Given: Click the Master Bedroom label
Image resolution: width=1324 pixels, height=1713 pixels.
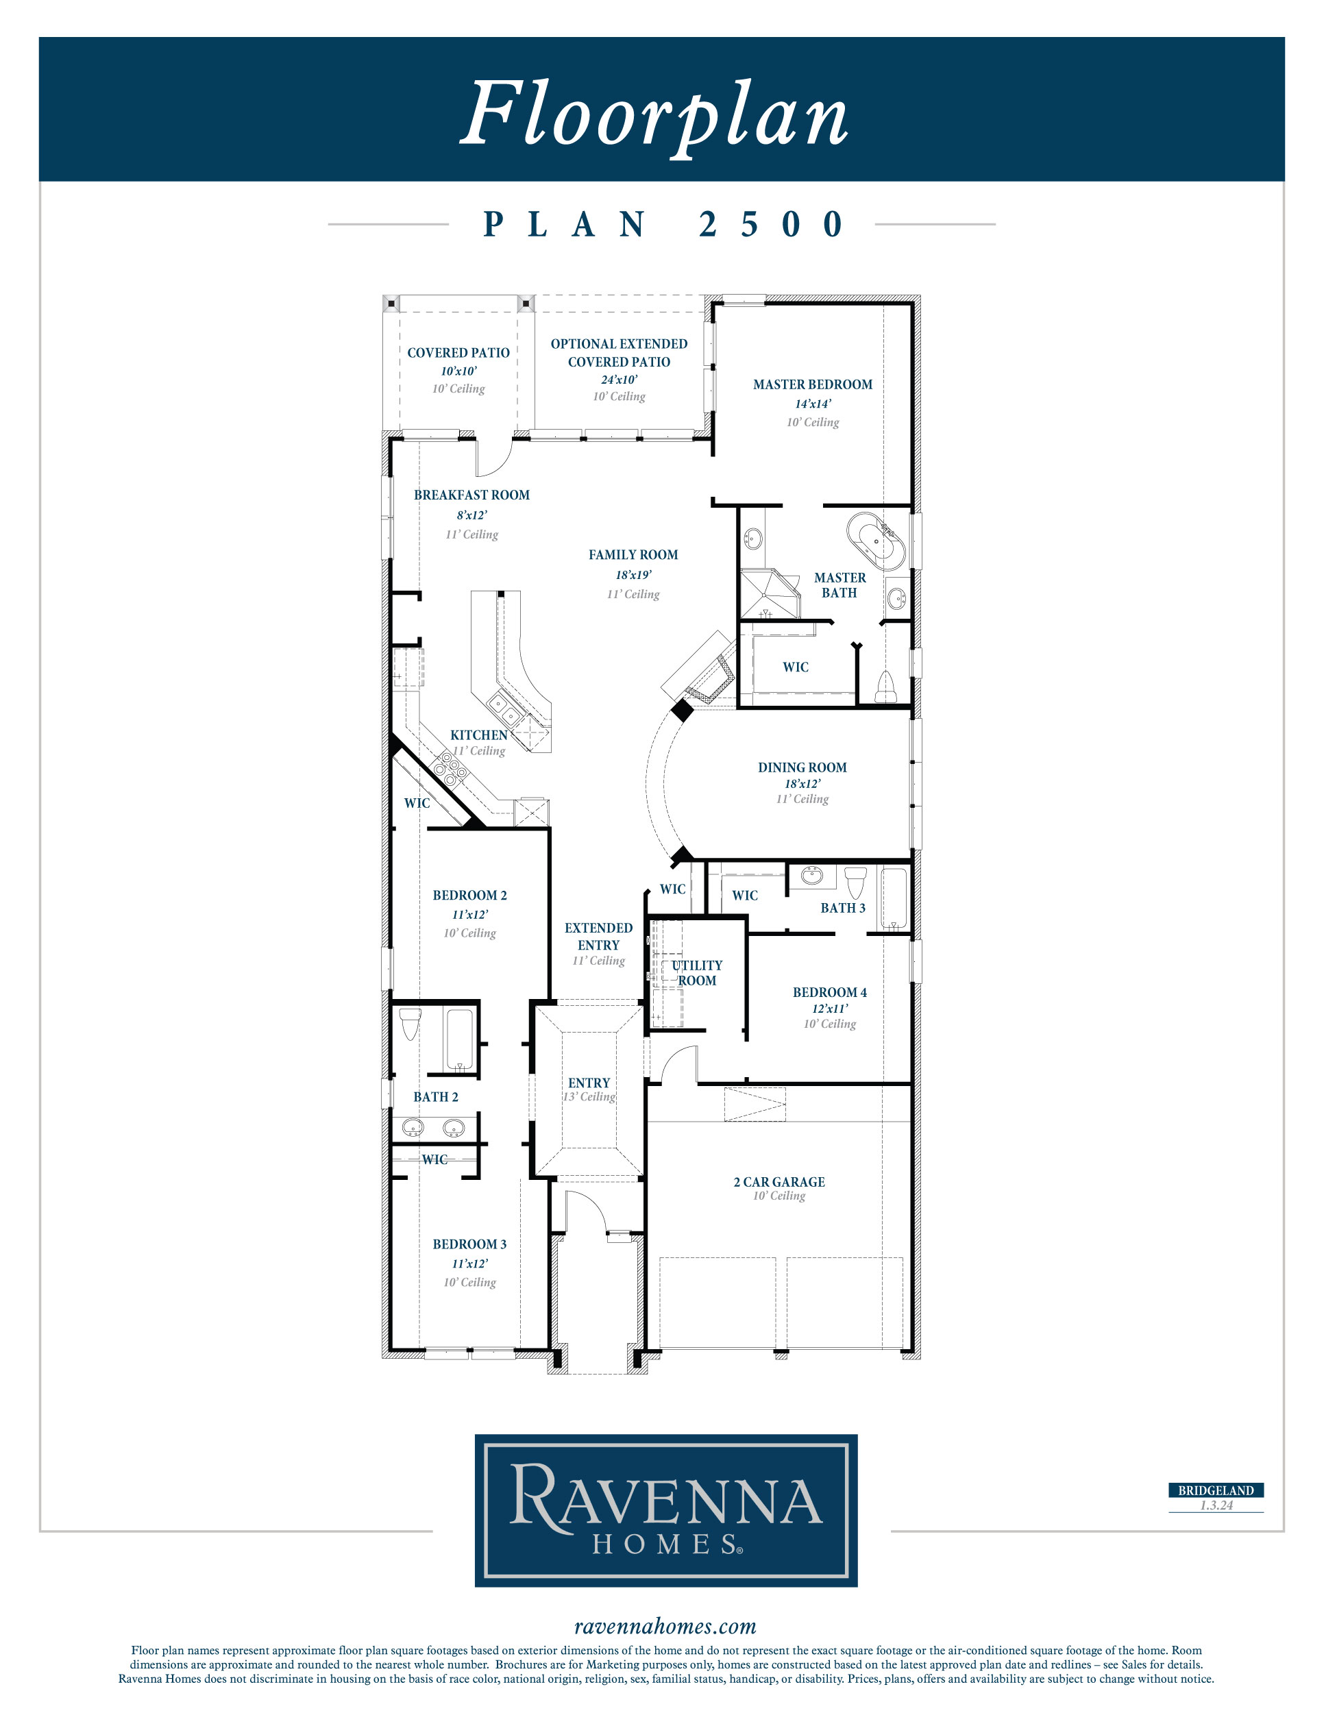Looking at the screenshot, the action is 813,384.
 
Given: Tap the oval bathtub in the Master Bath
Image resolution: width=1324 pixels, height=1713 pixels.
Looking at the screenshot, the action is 876,541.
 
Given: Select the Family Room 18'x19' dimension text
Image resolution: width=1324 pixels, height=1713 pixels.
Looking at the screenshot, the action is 633,575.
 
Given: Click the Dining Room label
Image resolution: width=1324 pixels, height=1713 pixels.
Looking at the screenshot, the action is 802,767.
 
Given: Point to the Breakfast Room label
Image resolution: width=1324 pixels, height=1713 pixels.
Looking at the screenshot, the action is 471,495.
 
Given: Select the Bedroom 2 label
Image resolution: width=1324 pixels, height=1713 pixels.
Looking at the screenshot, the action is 470,895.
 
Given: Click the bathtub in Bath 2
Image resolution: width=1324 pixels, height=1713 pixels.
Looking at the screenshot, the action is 460,1040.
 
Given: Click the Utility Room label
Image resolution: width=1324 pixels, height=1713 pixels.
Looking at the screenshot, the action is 696,972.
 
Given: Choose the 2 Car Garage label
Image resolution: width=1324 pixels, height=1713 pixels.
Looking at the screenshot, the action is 779,1182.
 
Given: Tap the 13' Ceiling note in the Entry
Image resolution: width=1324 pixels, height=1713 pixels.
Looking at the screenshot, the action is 589,1096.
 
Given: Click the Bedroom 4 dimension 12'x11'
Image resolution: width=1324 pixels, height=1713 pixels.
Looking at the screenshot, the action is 829,1009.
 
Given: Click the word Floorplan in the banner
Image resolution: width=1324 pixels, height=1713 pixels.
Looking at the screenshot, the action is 654,115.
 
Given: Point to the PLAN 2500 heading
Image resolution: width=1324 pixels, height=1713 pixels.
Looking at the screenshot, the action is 663,224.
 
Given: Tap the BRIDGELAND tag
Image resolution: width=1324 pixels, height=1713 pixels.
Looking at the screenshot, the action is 1216,1490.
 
